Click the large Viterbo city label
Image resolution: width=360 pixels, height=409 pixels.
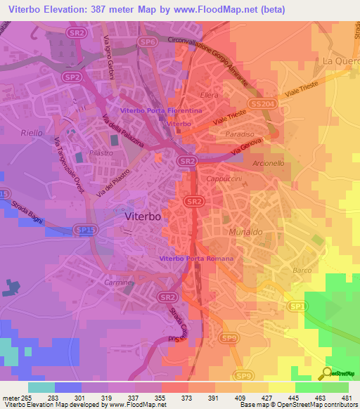pyautogui.click(x=143, y=217)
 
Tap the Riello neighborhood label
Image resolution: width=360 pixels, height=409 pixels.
pyautogui.click(x=33, y=132)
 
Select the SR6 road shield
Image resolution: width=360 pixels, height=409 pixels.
pyautogui.click(x=147, y=42)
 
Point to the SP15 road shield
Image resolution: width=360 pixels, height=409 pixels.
pyautogui.click(x=85, y=229)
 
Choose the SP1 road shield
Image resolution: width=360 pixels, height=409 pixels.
pyautogui.click(x=297, y=306)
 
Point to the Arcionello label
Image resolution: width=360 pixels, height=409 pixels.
pyautogui.click(x=268, y=162)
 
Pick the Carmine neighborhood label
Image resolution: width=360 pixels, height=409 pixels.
pyautogui.click(x=117, y=282)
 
